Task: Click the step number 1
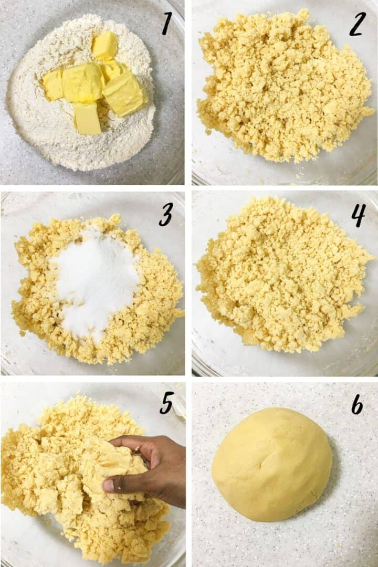pyautogui.click(x=167, y=24)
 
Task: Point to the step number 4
pyautogui.click(x=358, y=215)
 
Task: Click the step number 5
pyautogui.click(x=166, y=403)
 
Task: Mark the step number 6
pyautogui.click(x=357, y=404)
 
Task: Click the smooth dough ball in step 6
pyautogui.click(x=271, y=465)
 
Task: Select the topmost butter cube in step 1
pyautogui.click(x=105, y=46)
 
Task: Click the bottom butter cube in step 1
pyautogui.click(x=87, y=118)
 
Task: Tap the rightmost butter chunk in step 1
pyautogui.click(x=125, y=94)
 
